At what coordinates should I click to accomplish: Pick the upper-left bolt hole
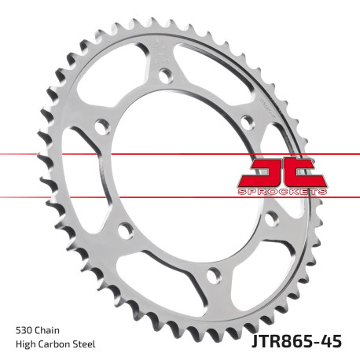tap(100, 124)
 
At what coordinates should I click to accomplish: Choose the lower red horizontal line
tap(79, 197)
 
